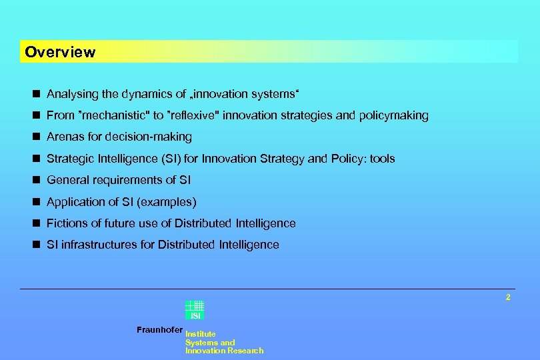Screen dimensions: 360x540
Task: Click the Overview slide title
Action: [60, 52]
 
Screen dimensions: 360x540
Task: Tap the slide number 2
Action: [508, 297]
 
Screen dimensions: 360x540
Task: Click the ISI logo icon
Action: [195, 311]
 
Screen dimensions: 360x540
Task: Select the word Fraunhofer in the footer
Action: [159, 329]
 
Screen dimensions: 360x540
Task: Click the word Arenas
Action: [65, 137]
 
